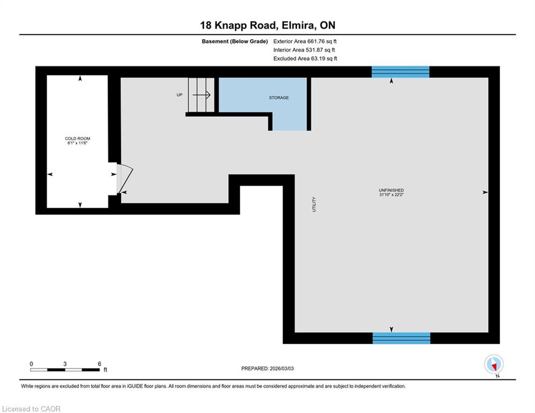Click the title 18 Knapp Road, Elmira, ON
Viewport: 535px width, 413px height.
pos(268,25)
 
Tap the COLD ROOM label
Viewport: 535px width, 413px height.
pos(77,139)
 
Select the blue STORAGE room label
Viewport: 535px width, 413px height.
pos(279,98)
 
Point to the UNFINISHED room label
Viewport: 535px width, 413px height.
pos(391,190)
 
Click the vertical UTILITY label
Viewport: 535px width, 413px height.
pos(314,204)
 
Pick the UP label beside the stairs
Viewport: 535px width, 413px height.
pos(180,95)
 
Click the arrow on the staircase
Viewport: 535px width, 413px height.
pos(201,95)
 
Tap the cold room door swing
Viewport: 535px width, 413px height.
pos(125,179)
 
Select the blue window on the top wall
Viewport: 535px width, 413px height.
pos(400,72)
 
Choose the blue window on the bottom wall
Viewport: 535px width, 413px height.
pos(401,338)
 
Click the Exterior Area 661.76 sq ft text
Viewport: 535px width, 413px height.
pos(305,41)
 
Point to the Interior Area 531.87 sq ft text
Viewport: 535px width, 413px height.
pos(304,50)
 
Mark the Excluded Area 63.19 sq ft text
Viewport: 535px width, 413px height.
pos(305,59)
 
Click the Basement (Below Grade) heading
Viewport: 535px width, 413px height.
pos(235,41)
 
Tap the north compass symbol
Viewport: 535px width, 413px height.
pos(494,365)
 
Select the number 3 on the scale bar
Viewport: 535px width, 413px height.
pos(65,364)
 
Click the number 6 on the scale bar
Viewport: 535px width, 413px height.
pos(99,364)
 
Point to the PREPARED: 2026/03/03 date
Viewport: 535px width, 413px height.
pos(268,368)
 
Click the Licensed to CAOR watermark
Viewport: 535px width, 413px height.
pos(31,409)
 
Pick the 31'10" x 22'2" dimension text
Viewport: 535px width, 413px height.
pos(391,195)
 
